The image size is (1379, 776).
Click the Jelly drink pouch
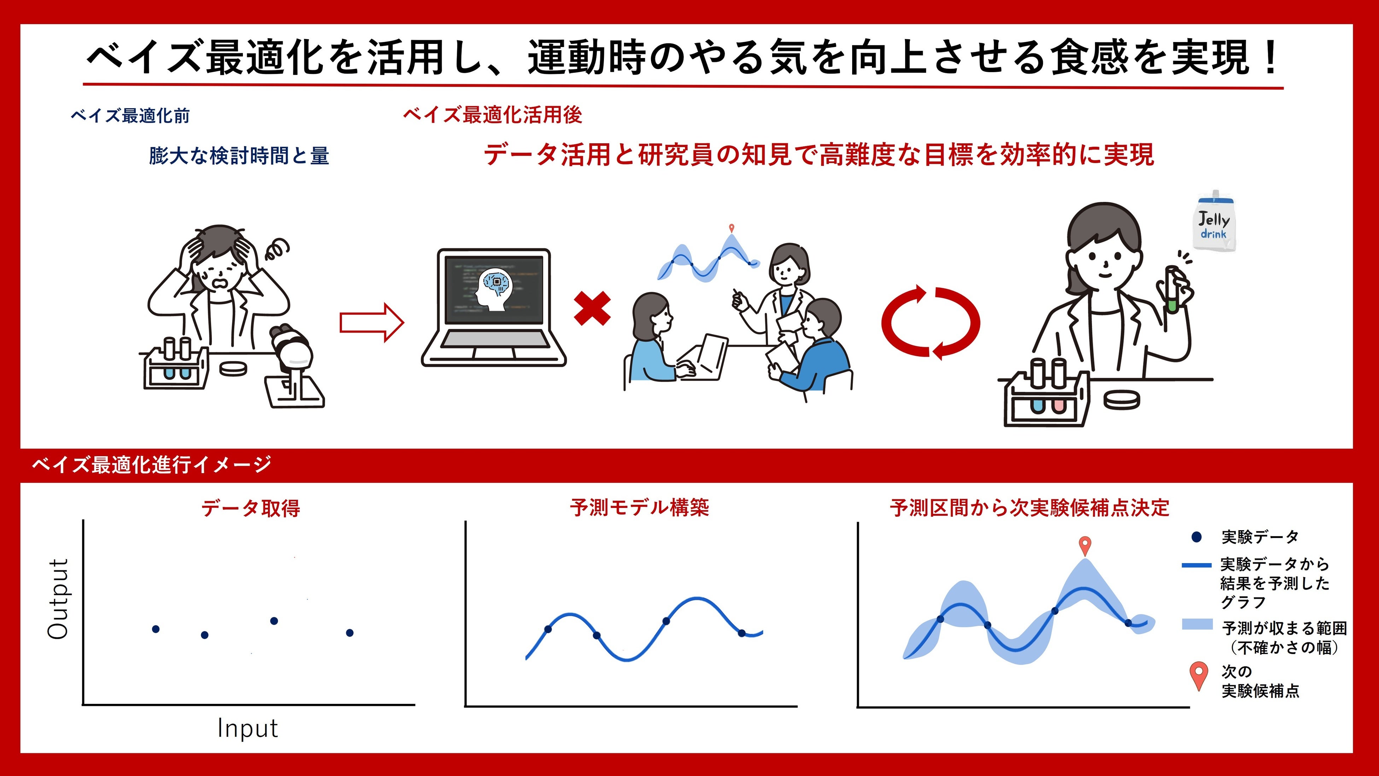(x=1216, y=221)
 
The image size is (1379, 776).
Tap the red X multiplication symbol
(x=592, y=308)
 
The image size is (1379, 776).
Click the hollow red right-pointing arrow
(x=372, y=323)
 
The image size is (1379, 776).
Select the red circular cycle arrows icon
(x=930, y=322)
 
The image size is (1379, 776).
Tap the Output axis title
(x=58, y=599)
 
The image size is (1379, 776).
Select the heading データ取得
(x=251, y=508)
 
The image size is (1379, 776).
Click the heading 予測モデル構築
(x=640, y=507)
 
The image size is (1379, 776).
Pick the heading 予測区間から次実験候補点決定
(x=1029, y=508)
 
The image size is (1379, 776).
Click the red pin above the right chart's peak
(x=1084, y=546)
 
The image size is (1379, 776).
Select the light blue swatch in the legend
(x=1197, y=624)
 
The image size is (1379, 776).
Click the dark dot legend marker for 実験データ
(x=1197, y=537)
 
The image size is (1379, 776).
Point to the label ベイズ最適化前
(x=130, y=116)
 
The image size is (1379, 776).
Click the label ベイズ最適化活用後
(x=493, y=115)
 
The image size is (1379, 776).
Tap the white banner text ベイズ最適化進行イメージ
(x=151, y=464)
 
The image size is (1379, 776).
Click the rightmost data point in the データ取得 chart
(x=350, y=632)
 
